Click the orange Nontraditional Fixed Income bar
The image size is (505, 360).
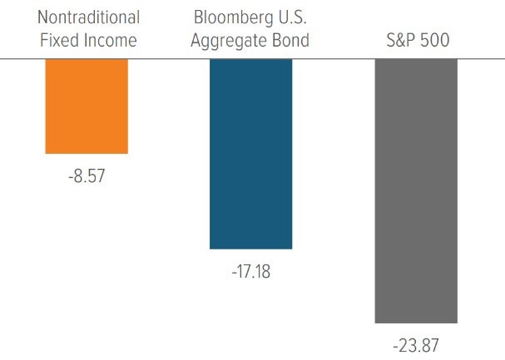[x=87, y=106]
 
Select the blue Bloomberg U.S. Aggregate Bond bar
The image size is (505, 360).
[x=251, y=154]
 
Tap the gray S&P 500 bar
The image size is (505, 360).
[x=416, y=190]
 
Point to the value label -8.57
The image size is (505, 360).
[x=87, y=177]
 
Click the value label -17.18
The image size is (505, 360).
[x=251, y=273]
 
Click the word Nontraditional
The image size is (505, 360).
[x=87, y=17]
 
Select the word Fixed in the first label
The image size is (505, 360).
[x=59, y=39]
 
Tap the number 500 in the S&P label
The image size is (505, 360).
[x=434, y=39]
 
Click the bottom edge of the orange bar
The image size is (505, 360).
[x=87, y=153]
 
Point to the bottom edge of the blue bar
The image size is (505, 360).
[x=251, y=248]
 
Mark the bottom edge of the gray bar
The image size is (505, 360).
[x=416, y=322]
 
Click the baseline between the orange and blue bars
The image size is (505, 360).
[x=169, y=59]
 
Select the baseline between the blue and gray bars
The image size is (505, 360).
[x=334, y=59]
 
